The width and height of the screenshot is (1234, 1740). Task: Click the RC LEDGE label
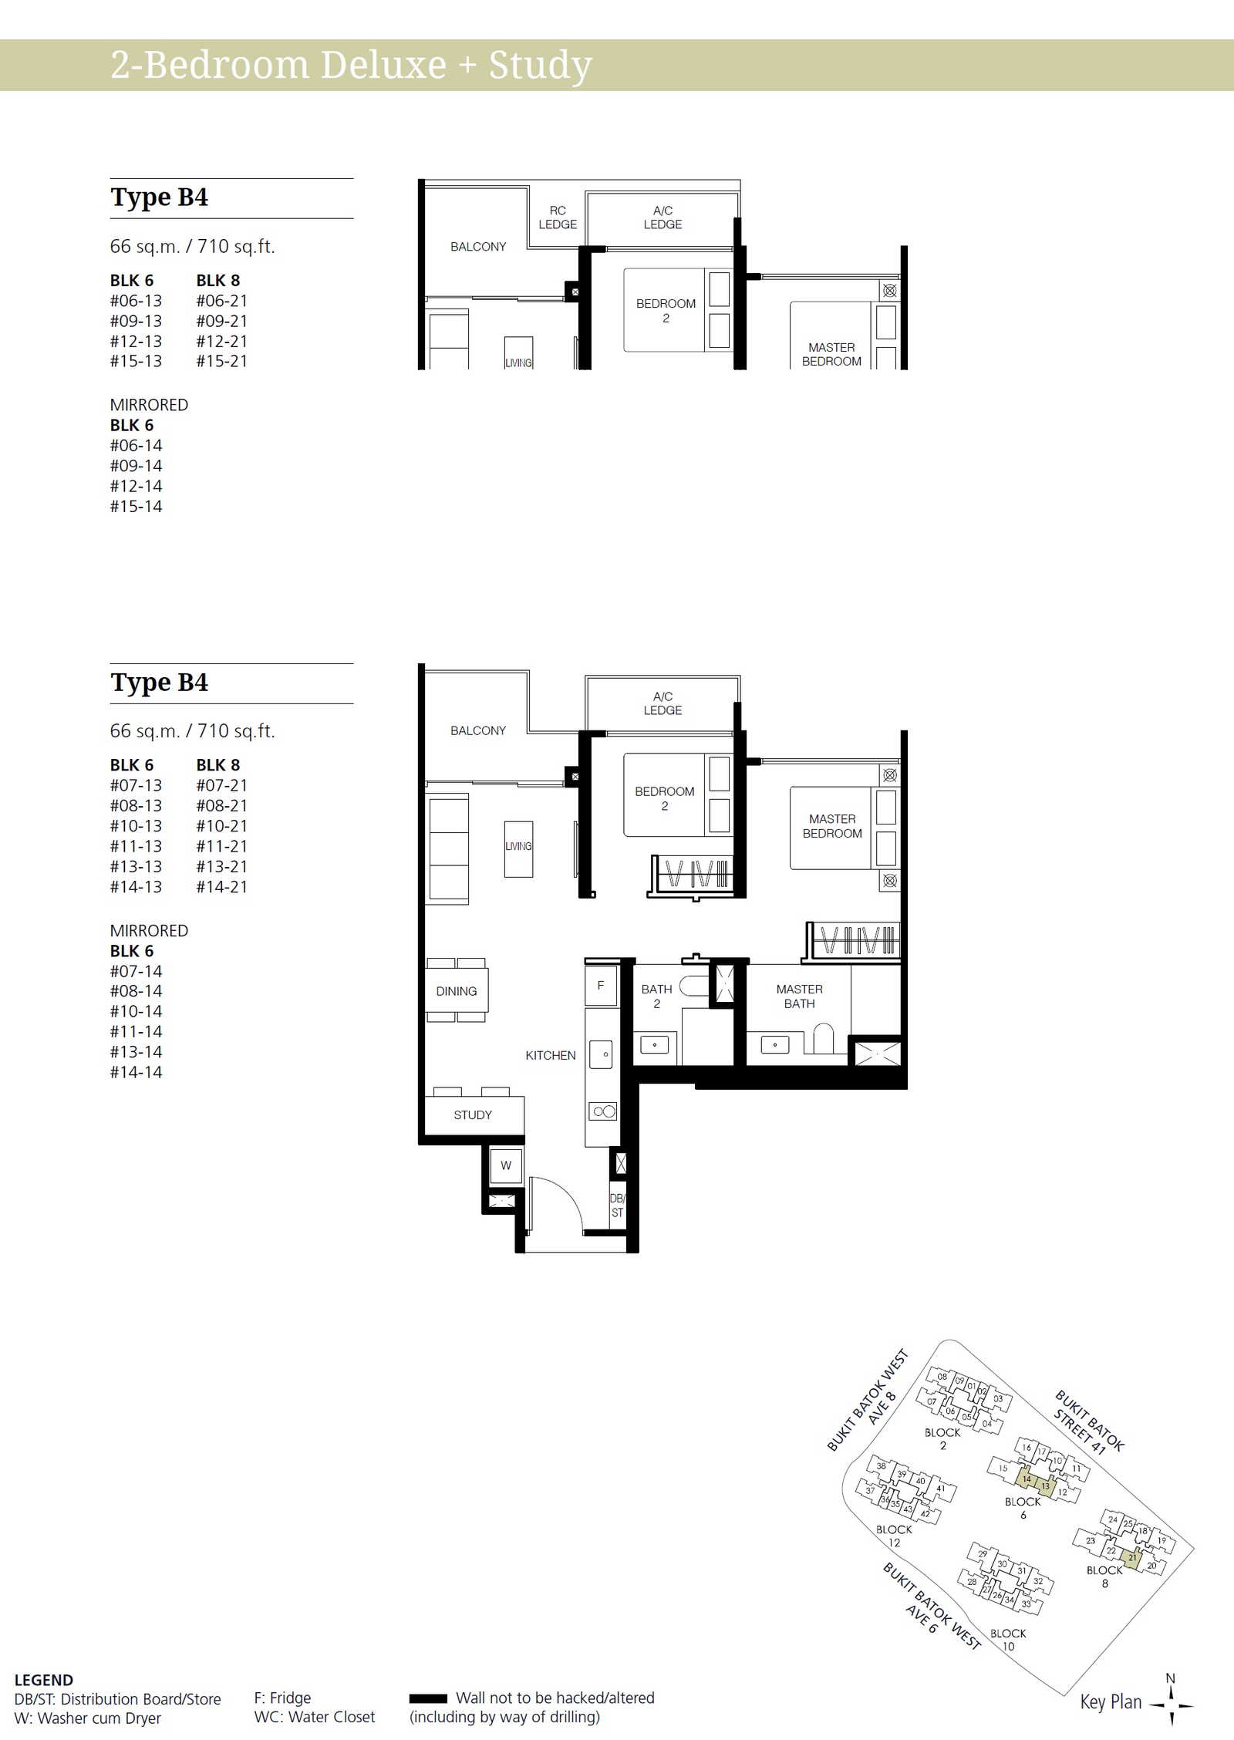click(x=558, y=217)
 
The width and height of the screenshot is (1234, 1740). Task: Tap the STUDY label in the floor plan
click(x=473, y=1114)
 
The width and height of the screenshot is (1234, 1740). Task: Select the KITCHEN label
click(x=551, y=1055)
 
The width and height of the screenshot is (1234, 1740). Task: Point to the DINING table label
click(x=457, y=991)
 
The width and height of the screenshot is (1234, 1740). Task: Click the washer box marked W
click(x=506, y=1165)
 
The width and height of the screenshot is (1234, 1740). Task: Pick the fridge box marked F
click(x=601, y=986)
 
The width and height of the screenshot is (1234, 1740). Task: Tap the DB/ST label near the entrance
click(x=617, y=1206)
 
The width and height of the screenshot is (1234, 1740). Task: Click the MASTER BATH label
click(x=800, y=996)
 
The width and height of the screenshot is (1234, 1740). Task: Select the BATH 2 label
click(x=656, y=996)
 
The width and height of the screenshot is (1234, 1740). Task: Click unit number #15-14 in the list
click(x=136, y=507)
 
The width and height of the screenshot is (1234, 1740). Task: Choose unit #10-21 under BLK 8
click(x=221, y=826)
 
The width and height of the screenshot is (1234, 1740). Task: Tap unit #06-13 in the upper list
click(x=136, y=301)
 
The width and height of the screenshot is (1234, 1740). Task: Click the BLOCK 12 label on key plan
click(x=894, y=1536)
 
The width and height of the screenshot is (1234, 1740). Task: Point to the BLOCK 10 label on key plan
click(x=1008, y=1640)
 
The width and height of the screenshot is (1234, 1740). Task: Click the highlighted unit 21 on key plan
click(x=1131, y=1557)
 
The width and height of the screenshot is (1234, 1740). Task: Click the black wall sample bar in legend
click(x=428, y=1698)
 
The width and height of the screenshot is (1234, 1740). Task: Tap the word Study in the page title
click(x=541, y=66)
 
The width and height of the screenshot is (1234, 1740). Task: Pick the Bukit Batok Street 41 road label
click(x=1087, y=1422)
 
